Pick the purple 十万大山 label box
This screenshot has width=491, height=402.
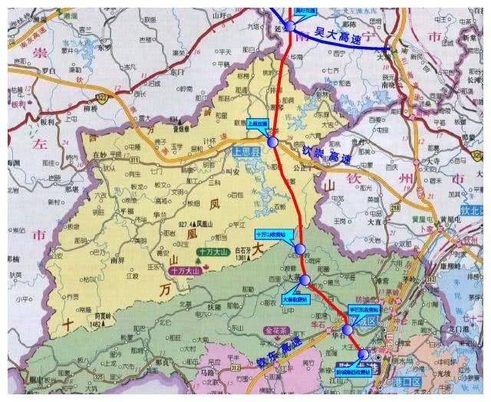pos(185,271)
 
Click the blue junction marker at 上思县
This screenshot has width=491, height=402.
pos(272,142)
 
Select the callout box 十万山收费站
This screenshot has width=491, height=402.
pos(270,232)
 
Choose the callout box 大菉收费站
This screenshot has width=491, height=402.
pos(295,298)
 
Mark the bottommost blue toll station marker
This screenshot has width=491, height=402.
pos(363,354)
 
